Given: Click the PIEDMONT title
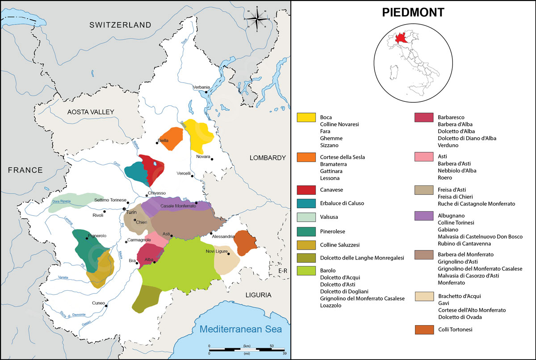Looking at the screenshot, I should coord(413,13).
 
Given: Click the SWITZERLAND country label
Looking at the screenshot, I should coord(120,25).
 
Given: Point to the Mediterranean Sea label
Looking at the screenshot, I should coord(241,330).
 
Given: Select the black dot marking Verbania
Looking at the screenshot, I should coord(206,92).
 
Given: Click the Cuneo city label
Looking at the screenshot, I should coord(98,303).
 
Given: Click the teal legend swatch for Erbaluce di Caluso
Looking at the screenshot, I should coord(306,203).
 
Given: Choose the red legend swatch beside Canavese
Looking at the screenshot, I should coord(306,190).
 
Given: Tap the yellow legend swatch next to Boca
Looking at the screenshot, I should coord(306,117).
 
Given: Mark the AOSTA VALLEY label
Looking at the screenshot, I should coord(91,112).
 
